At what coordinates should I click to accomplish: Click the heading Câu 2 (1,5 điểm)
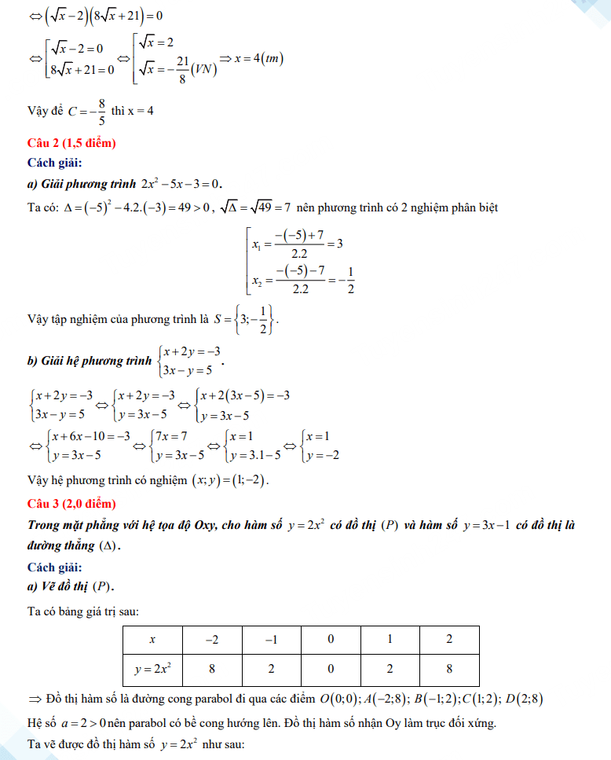click(x=71, y=143)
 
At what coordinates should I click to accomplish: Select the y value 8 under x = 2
click(x=449, y=669)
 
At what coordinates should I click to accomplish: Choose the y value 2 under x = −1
click(x=271, y=669)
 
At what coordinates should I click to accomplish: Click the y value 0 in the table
click(x=331, y=669)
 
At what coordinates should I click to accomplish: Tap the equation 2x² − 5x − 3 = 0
click(x=182, y=184)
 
